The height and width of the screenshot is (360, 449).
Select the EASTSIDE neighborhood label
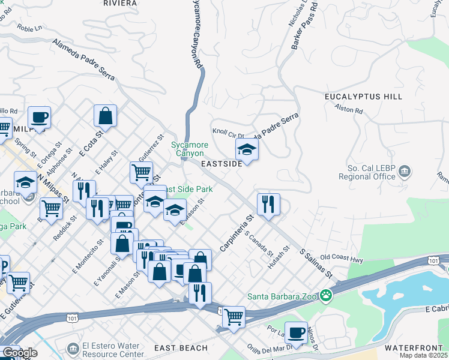pyautogui.click(x=221, y=163)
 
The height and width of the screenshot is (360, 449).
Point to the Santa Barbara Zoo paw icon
pyautogui.click(x=325, y=295)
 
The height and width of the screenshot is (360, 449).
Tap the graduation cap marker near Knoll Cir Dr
pyautogui.click(x=247, y=148)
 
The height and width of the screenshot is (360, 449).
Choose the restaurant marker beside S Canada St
pyautogui.click(x=268, y=204)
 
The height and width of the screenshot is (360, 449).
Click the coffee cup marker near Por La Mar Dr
pyautogui.click(x=295, y=332)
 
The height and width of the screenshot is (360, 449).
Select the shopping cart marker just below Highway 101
pyautogui.click(x=234, y=315)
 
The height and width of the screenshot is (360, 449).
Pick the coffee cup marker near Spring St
pyautogui.click(x=39, y=117)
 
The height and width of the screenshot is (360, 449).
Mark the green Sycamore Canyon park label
pyautogui.click(x=189, y=149)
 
